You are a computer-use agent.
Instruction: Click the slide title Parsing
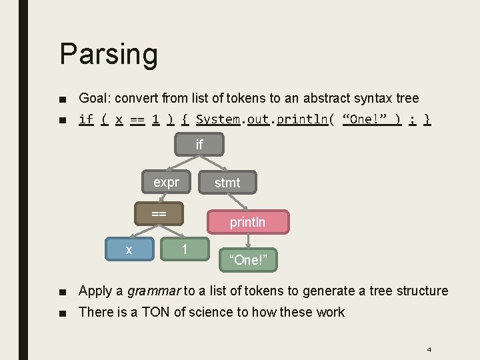[x=108, y=54]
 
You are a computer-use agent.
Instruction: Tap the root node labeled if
[x=199, y=145]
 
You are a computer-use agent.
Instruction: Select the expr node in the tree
[x=166, y=181]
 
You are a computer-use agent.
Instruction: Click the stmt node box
[x=227, y=182]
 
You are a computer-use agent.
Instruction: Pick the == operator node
[x=159, y=213]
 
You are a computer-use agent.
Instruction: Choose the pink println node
[x=247, y=222]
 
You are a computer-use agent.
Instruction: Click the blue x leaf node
[x=129, y=249]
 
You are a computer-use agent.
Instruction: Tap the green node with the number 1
[x=184, y=249]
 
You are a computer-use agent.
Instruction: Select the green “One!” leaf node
[x=248, y=260]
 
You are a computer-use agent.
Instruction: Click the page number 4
[x=429, y=349]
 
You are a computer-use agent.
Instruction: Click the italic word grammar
[x=153, y=291]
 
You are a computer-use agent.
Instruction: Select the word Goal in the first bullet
[x=94, y=98]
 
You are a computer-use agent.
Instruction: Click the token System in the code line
[x=217, y=119]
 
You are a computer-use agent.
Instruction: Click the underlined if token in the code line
[x=86, y=119]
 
